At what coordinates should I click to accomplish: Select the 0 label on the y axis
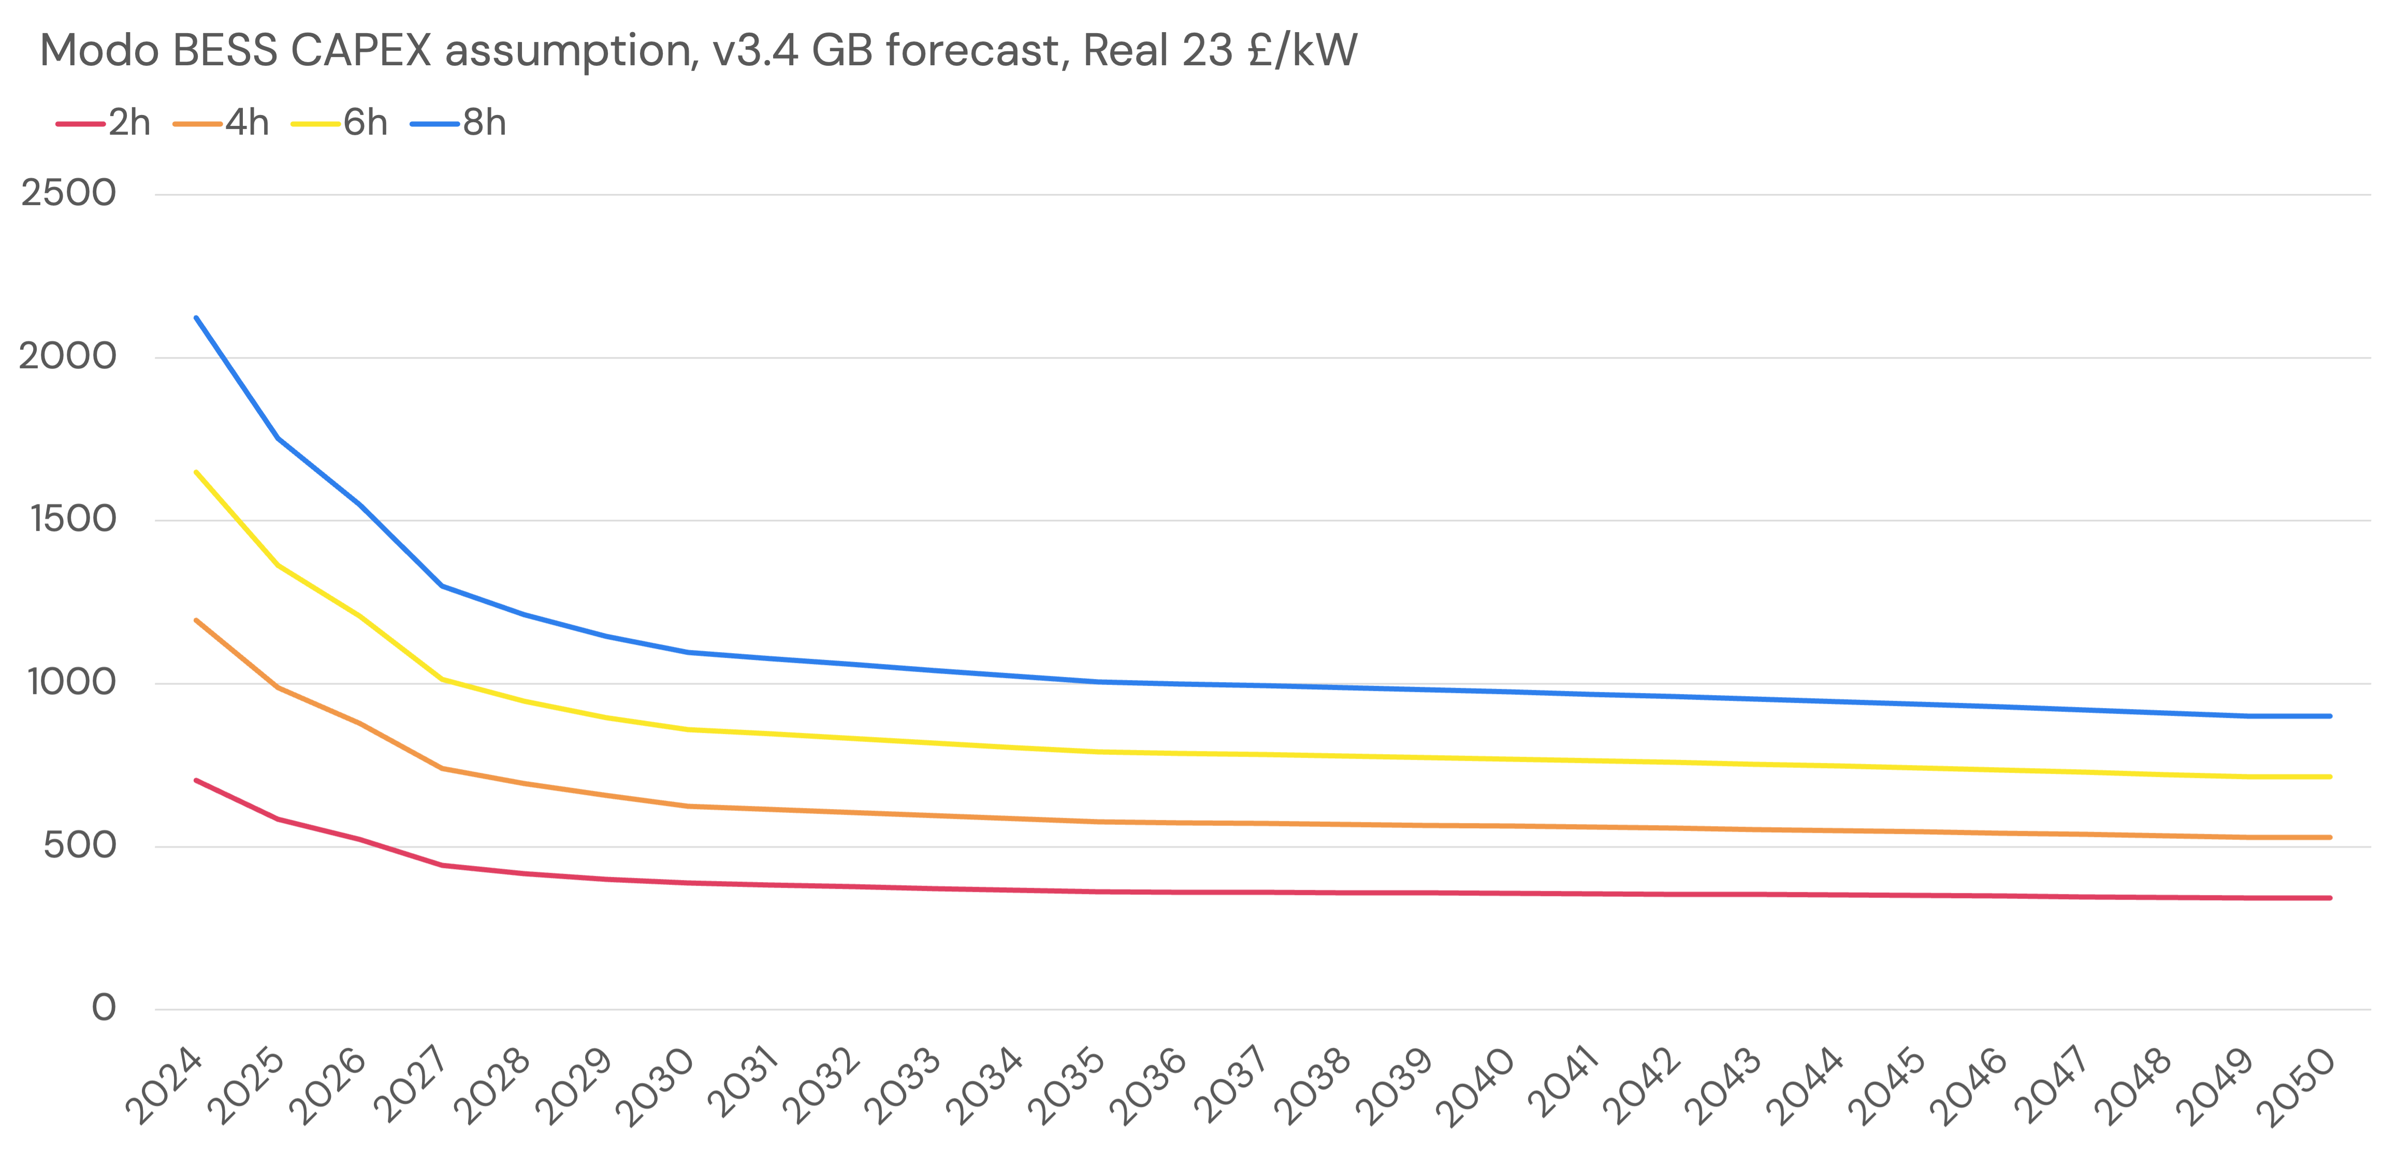(x=104, y=1008)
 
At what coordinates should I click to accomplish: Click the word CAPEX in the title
(x=361, y=50)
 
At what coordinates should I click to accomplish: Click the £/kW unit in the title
(x=1302, y=50)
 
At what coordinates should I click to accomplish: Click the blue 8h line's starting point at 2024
(x=196, y=317)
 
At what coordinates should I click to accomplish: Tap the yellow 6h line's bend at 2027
(x=442, y=679)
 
